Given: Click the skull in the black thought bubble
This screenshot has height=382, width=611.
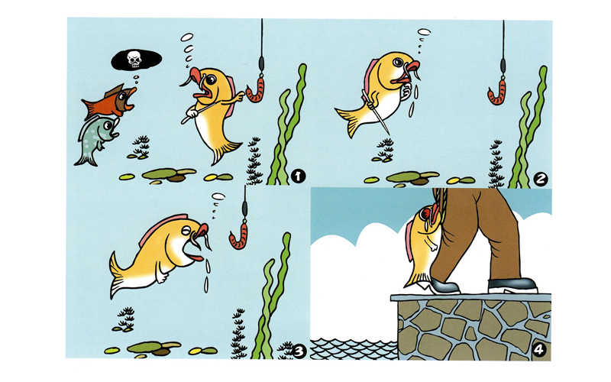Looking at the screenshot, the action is pos(134,60).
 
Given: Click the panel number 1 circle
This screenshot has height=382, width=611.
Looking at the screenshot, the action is pos(298,176).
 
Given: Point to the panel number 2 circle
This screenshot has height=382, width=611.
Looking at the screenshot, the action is pos(540,180).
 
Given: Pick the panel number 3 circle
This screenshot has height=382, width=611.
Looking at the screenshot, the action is pos(299,351).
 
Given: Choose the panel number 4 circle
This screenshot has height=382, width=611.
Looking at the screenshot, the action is pos(538,350).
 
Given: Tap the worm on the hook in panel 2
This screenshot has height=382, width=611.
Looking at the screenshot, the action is pos(497,92).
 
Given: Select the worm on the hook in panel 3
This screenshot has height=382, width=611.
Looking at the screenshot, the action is pos(238,236).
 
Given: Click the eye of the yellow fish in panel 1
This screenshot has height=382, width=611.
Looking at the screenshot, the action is pos(211,80).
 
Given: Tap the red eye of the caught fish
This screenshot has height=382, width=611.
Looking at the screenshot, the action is pos(425,213).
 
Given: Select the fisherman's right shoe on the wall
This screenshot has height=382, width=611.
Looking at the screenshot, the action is pos(512,285).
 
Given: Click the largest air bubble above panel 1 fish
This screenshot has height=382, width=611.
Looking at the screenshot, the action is pos(187,37).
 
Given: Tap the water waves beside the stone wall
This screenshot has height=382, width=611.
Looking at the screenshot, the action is pos(354,349).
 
